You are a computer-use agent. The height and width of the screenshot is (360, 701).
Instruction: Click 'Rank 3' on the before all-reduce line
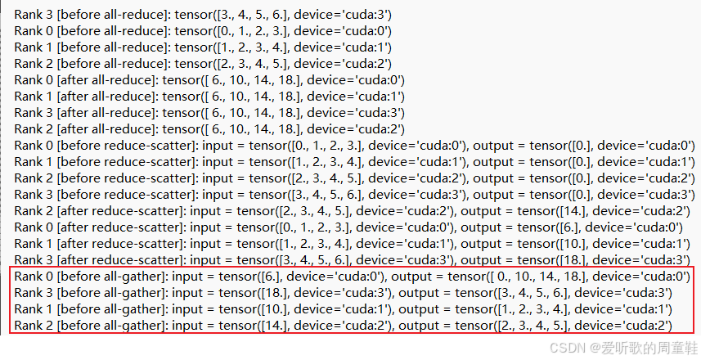click(x=34, y=15)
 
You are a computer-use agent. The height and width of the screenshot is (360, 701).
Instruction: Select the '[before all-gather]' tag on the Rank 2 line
click(x=111, y=326)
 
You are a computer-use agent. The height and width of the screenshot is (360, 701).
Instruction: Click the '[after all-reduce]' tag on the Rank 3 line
click(x=106, y=113)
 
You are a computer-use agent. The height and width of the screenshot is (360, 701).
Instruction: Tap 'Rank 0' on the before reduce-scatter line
click(x=34, y=146)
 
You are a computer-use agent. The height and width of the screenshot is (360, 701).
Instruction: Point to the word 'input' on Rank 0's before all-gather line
click(x=188, y=277)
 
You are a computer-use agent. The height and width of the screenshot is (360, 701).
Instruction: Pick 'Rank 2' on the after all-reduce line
click(x=34, y=129)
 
